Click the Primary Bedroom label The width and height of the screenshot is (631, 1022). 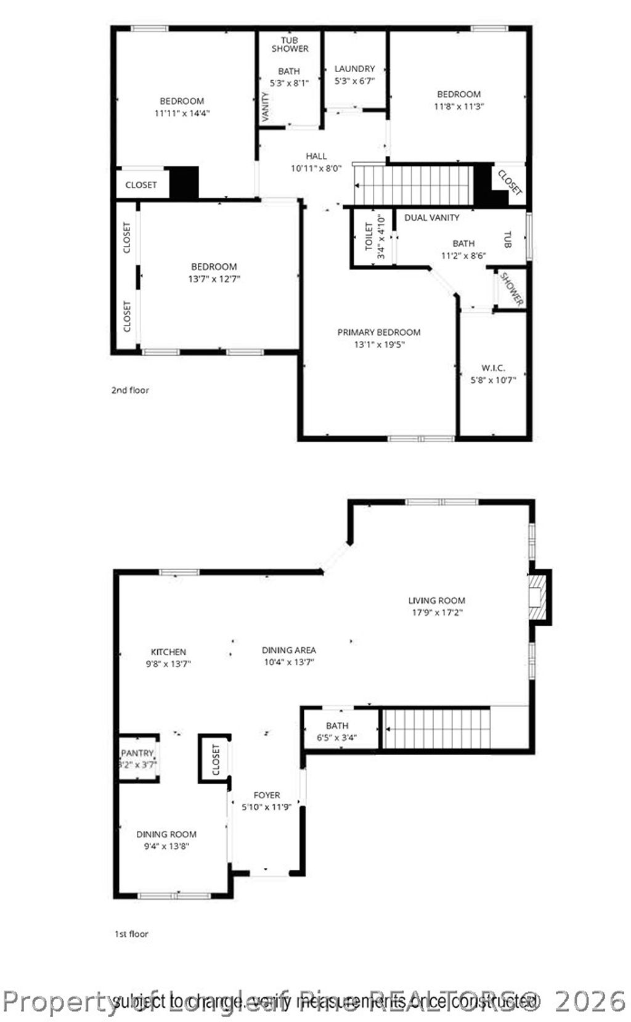(x=378, y=332)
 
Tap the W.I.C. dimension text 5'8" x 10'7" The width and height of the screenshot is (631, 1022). (x=493, y=380)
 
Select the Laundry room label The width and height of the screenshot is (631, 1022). (x=354, y=69)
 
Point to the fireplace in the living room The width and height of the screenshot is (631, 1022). (x=537, y=597)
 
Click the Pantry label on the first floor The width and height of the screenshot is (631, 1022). (x=137, y=753)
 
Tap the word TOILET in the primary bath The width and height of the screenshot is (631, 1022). (x=369, y=237)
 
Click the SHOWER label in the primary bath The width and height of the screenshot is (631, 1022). (x=511, y=289)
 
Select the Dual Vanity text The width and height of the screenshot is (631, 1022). (x=431, y=218)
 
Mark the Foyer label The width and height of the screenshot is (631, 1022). (x=266, y=795)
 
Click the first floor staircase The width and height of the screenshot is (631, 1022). (x=436, y=728)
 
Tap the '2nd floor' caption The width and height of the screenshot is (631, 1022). (x=130, y=390)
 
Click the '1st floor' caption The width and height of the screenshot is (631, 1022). (x=132, y=934)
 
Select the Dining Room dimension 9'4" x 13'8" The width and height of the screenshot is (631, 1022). (x=166, y=846)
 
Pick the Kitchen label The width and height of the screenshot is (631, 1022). (x=168, y=652)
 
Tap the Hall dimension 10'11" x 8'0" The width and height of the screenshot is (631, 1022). (x=316, y=168)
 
